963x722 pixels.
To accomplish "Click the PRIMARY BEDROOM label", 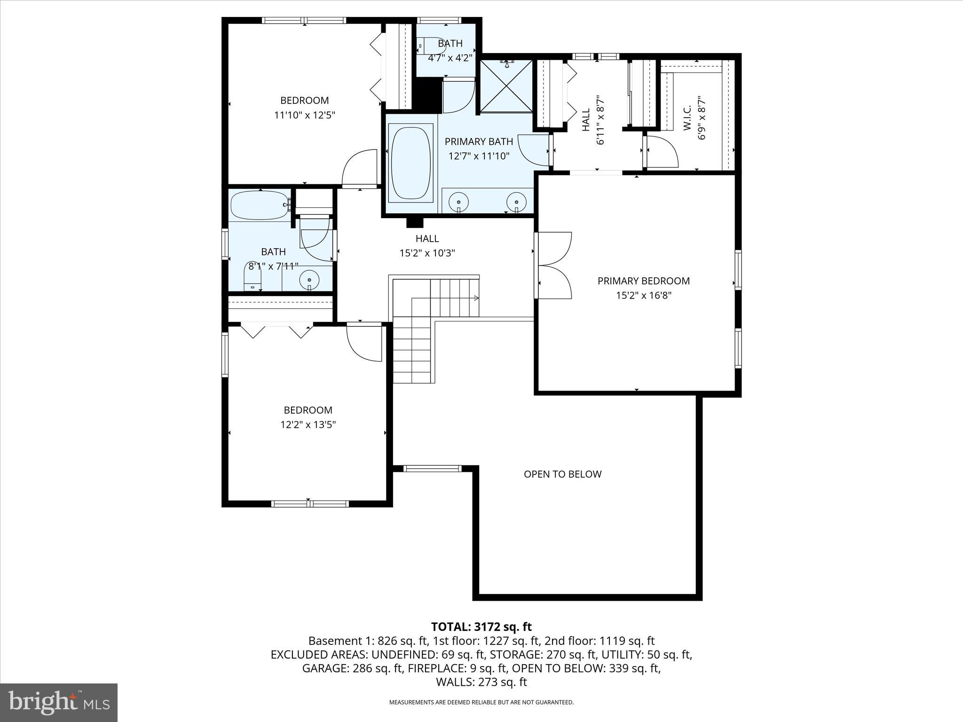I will pyautogui.click(x=643, y=281).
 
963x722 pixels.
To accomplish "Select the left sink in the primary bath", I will pyautogui.click(x=458, y=202).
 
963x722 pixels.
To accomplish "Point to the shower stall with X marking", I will pyautogui.click(x=506, y=86).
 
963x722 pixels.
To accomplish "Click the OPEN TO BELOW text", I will pyautogui.click(x=562, y=474).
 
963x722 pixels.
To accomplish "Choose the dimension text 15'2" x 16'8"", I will pyautogui.click(x=643, y=295).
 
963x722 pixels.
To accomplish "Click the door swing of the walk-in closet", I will pyautogui.click(x=662, y=151).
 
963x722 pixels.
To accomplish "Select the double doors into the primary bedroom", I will pyautogui.click(x=554, y=265).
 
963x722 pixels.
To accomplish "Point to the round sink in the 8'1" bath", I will pyautogui.click(x=309, y=279).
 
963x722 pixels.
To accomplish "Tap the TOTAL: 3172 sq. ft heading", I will pyautogui.click(x=481, y=627).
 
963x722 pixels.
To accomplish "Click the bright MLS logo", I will pyautogui.click(x=59, y=702).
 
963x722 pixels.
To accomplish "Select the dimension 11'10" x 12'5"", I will pyautogui.click(x=304, y=115).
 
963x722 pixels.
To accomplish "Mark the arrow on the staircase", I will pyautogui.click(x=476, y=298).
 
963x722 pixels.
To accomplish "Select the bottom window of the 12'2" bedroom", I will pyautogui.click(x=309, y=503).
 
